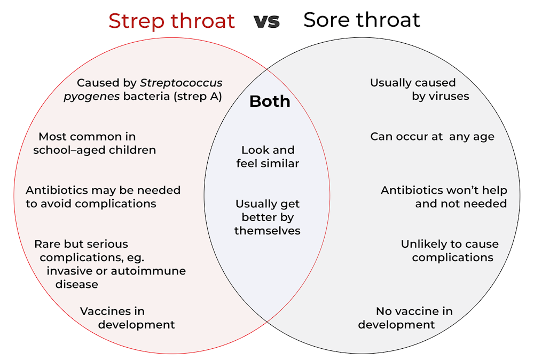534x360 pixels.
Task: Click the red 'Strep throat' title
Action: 171,21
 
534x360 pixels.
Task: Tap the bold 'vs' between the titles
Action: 266,21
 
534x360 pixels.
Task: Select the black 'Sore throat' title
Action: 362,20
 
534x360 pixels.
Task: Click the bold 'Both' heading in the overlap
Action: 270,101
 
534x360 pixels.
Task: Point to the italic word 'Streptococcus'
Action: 181,83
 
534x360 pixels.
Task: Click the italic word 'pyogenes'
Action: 91,97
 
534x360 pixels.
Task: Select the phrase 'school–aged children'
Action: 95,150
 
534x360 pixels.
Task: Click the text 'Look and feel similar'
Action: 268,156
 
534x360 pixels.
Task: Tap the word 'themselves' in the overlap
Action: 268,231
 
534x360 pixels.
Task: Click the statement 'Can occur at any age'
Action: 432,137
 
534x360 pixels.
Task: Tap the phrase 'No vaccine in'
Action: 414,311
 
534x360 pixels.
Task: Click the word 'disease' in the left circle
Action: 77,284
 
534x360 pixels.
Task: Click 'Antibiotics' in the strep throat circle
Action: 58,190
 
